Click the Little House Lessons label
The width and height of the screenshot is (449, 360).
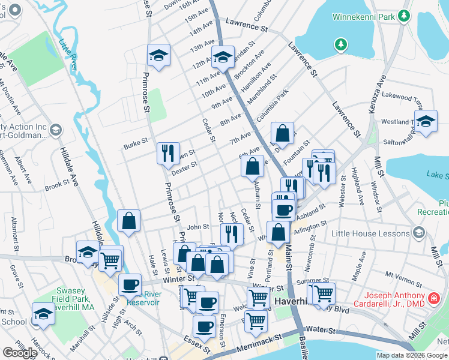(x=373, y=233)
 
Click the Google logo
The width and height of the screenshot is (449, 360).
(x=20, y=353)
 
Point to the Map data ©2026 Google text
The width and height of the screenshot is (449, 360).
(x=411, y=355)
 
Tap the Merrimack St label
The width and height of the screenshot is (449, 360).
(x=252, y=341)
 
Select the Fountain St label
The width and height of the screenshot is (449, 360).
(x=297, y=145)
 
